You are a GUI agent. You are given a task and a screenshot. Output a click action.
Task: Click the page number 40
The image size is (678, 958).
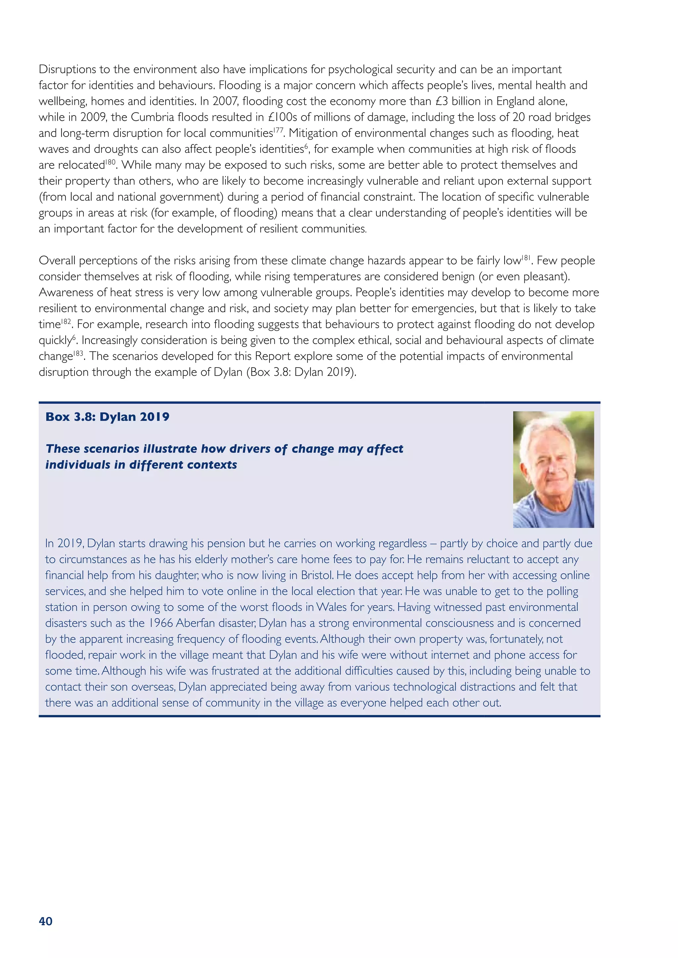45,921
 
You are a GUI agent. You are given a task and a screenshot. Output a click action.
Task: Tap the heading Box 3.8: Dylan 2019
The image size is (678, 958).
107,417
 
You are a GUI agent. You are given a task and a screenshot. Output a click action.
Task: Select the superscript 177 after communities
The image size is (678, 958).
279,130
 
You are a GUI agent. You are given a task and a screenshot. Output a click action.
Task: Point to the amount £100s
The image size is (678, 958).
282,117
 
